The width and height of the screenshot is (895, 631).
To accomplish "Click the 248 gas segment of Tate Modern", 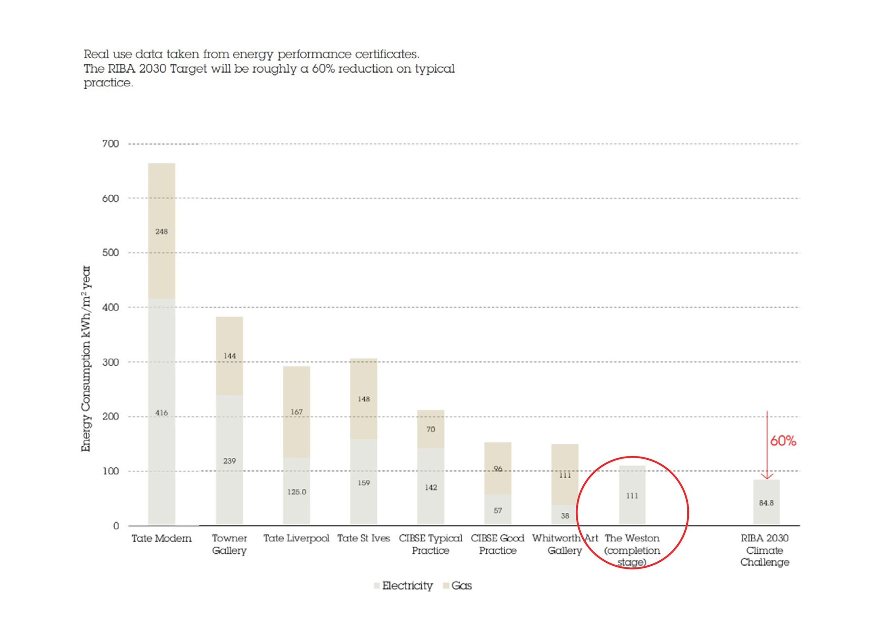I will (x=161, y=231).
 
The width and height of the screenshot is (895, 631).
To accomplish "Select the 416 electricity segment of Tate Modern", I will (x=161, y=412).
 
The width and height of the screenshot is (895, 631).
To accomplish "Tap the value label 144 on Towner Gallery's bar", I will (x=229, y=356).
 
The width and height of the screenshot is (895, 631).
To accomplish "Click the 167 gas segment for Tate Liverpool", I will (x=296, y=412).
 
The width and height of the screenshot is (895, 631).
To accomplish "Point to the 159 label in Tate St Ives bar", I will (x=363, y=483).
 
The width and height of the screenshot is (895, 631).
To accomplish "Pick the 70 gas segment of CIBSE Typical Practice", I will (x=430, y=429).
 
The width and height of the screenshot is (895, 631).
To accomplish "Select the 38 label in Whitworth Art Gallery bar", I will (x=565, y=516).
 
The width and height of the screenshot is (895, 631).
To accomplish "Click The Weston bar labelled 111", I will (x=632, y=495).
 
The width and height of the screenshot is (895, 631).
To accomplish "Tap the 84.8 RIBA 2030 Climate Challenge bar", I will (x=766, y=502).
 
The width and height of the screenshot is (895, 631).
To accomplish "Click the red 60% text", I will (x=783, y=441).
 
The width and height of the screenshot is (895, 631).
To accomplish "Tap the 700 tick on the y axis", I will (x=110, y=144).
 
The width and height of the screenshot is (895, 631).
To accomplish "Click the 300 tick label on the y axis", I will (x=110, y=362).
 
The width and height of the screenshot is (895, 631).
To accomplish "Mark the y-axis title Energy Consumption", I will (x=86, y=358).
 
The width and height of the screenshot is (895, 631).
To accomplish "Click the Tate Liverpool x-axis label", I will (x=296, y=538).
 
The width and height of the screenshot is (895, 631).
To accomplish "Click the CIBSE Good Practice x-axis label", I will (x=497, y=544).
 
